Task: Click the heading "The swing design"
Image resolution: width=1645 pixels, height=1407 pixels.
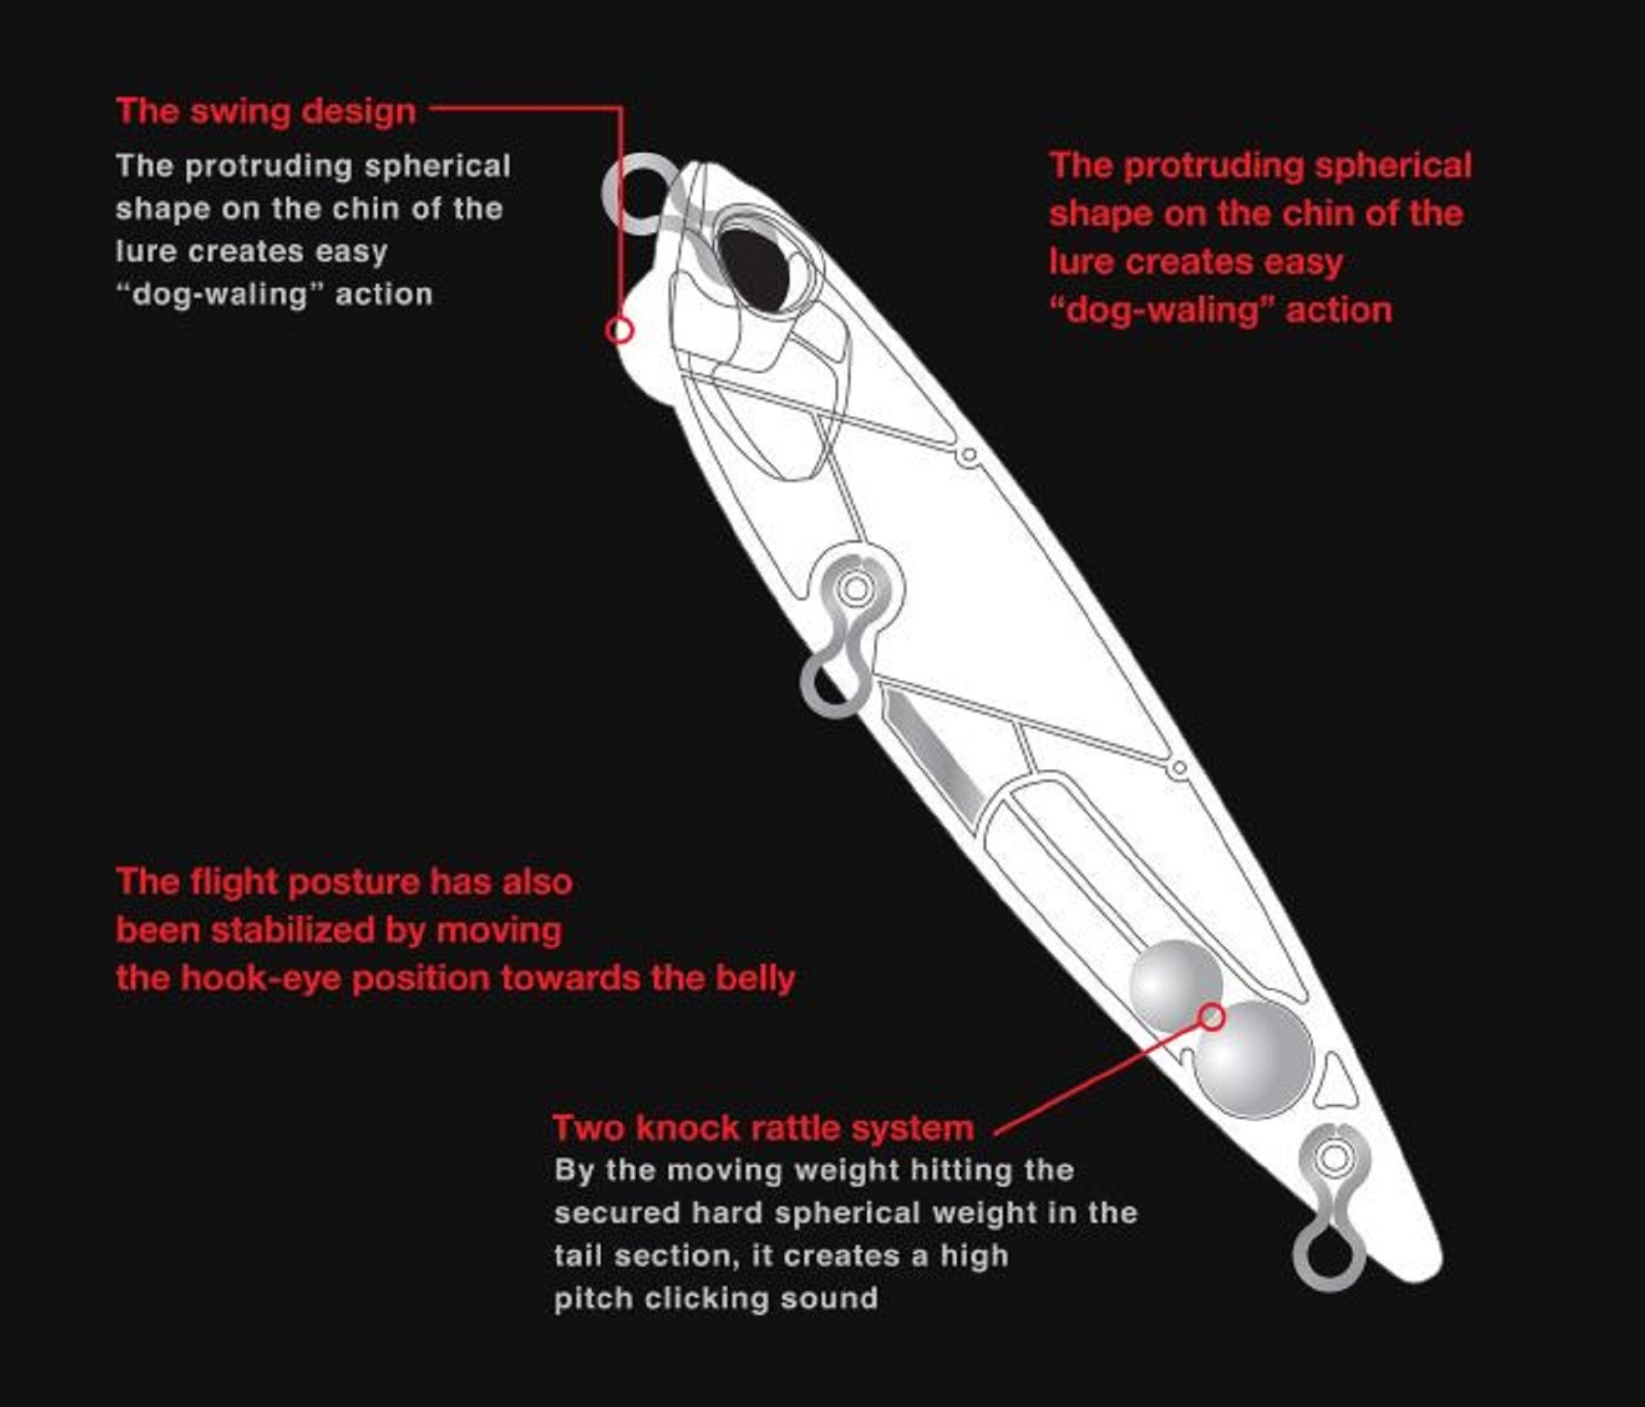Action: point(266,112)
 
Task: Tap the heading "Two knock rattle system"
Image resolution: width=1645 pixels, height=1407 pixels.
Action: point(762,1127)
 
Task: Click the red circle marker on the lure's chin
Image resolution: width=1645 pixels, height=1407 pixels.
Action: point(619,331)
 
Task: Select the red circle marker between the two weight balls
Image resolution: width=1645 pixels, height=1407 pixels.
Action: point(1210,1017)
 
